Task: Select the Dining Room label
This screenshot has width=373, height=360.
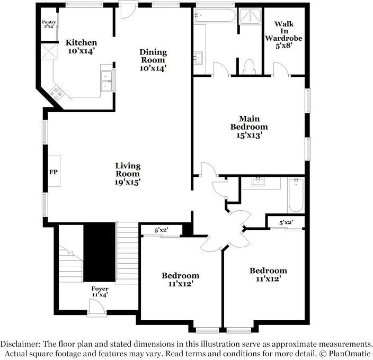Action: [x=153, y=60]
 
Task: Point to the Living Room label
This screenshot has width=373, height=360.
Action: [x=128, y=174]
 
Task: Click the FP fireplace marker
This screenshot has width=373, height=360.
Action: [x=53, y=172]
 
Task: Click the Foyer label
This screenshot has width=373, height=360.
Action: [x=100, y=292]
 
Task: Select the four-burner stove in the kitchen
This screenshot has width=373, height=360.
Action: [x=57, y=93]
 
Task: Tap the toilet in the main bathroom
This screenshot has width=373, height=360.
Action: [x=250, y=66]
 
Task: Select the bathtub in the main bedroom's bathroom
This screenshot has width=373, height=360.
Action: [x=215, y=15]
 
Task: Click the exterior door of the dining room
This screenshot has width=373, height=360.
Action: [x=128, y=11]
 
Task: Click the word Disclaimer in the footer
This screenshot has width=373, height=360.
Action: [x=22, y=344]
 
